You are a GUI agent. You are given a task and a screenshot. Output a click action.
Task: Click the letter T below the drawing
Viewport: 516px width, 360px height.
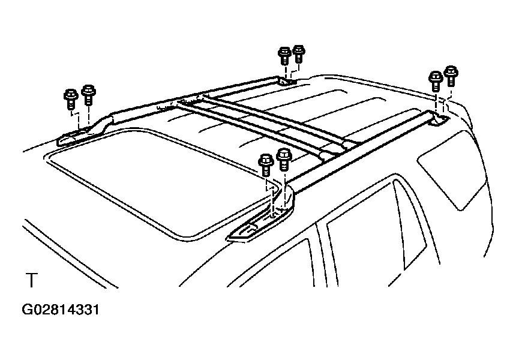[32, 280]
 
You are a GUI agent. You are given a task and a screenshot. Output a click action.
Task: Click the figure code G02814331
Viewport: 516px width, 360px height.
[61, 310]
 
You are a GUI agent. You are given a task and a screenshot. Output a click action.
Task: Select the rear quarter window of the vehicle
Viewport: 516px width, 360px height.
[451, 169]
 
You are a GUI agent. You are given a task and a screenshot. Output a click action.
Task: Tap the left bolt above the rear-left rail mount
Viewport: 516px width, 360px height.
[284, 56]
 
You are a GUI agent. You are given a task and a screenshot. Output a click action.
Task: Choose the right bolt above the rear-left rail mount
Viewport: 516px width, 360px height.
[299, 54]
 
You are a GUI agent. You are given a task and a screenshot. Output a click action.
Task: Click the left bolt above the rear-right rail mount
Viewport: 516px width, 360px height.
[436, 81]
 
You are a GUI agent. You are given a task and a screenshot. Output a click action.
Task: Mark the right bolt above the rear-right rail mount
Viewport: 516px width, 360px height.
[451, 76]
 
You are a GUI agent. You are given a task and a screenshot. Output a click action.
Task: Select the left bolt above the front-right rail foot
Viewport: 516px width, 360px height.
[266, 165]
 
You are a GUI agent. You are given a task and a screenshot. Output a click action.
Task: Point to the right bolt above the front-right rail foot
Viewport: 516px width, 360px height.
[284, 159]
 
